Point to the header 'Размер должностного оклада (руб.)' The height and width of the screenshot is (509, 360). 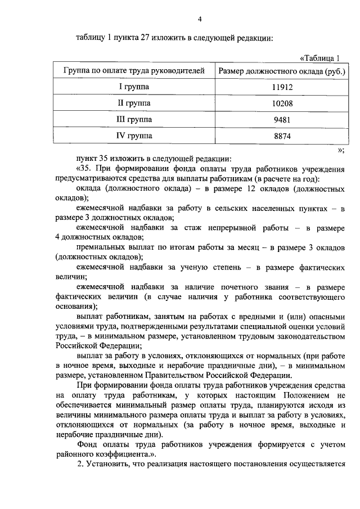pos(281,71)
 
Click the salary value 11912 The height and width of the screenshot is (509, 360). pos(281,88)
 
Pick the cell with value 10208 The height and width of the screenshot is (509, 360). pos(281,104)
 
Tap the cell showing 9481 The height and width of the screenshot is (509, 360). pos(281,120)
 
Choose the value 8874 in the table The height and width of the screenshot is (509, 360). pos(281,136)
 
